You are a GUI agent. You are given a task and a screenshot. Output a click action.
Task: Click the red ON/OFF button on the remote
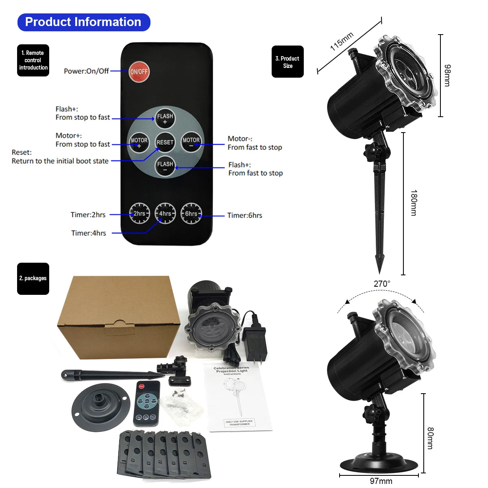[x=139, y=72]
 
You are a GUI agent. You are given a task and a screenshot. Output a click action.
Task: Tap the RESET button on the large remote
[x=165, y=142]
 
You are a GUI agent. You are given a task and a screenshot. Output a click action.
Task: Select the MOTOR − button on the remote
[x=191, y=142]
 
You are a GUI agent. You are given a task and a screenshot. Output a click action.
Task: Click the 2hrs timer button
[x=139, y=213]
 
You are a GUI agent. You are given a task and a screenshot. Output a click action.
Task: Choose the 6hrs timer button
[x=191, y=213]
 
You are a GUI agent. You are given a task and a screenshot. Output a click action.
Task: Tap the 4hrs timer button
[x=165, y=213]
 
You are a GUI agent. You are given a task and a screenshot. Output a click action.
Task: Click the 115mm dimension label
[x=342, y=41]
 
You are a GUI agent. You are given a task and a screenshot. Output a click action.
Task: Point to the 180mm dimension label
[x=414, y=203]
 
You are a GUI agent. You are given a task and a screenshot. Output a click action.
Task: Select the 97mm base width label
[x=381, y=481]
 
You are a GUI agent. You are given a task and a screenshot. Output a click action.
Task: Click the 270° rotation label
[x=382, y=284]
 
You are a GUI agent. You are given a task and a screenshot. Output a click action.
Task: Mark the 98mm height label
[x=447, y=75]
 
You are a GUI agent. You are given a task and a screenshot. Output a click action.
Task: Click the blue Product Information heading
[x=83, y=22]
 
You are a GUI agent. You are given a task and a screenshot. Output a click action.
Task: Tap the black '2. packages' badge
[x=33, y=279]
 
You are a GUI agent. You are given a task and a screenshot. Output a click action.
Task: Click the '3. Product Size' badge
[x=288, y=62]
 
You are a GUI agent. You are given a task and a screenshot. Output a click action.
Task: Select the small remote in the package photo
[x=146, y=403]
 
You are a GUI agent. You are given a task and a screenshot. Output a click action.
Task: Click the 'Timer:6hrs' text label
[x=245, y=216]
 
